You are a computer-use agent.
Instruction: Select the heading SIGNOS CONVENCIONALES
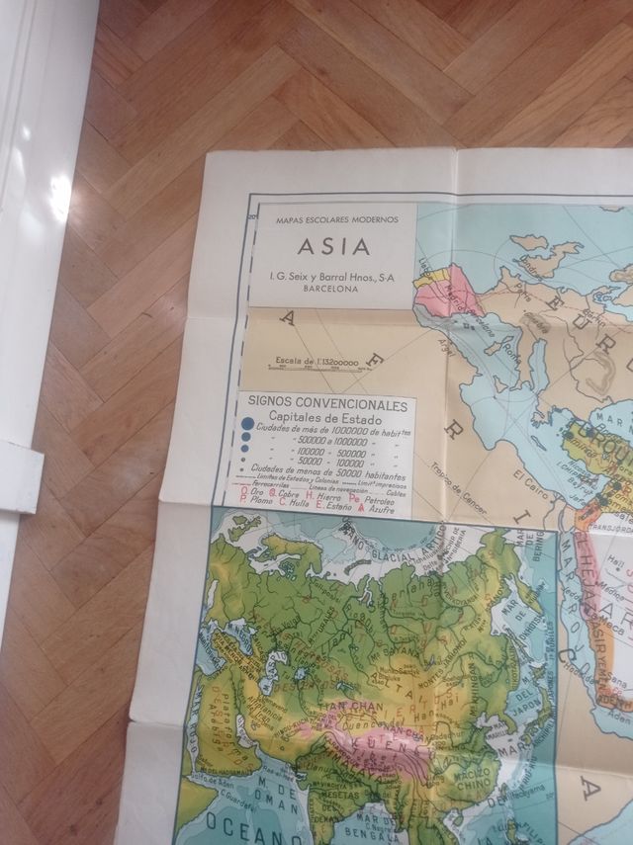pos(327,405)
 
